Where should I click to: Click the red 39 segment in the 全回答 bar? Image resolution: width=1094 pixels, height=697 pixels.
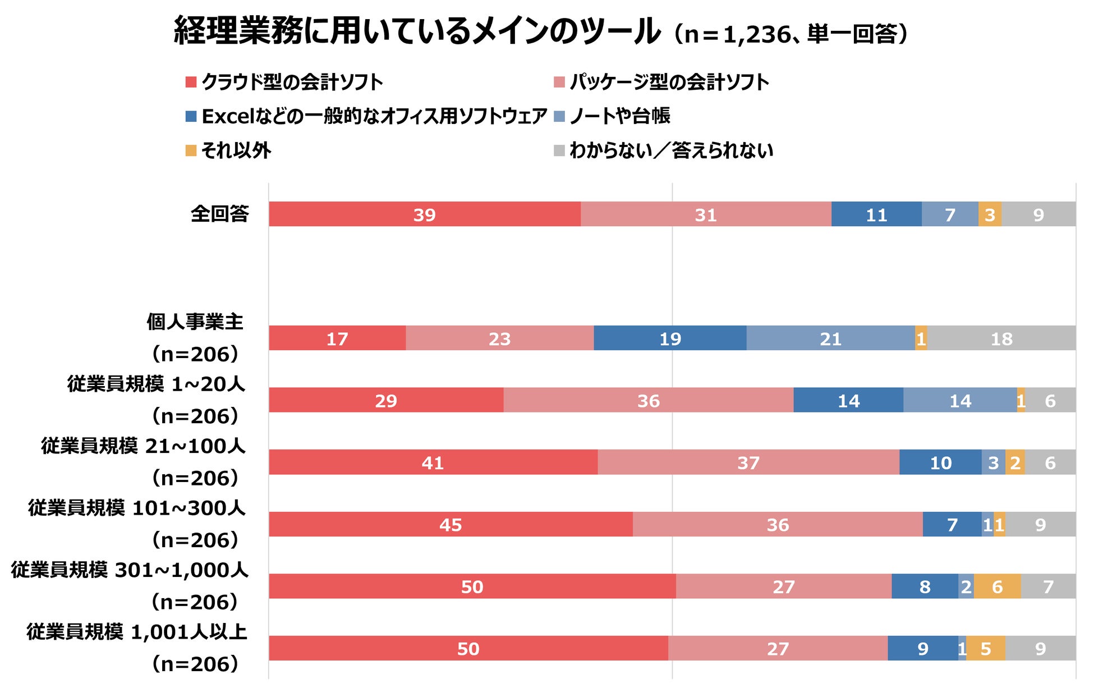click(425, 214)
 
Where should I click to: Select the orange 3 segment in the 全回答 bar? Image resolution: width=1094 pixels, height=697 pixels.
click(990, 214)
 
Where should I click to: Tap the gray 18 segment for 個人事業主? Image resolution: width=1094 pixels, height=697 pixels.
click(1001, 338)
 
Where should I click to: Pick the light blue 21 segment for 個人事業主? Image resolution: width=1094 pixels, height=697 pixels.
click(830, 338)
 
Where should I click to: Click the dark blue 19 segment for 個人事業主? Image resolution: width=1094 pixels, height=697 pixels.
click(670, 338)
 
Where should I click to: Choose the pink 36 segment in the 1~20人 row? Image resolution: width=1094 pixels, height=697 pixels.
click(649, 400)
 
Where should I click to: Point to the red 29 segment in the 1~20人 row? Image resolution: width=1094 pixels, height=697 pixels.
click(386, 400)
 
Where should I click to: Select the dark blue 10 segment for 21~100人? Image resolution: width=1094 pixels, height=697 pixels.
click(940, 462)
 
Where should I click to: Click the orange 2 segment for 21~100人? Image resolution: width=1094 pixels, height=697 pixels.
click(1015, 462)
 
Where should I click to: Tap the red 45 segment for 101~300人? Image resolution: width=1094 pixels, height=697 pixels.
click(451, 524)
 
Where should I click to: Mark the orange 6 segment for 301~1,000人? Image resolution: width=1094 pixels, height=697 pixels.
click(997, 586)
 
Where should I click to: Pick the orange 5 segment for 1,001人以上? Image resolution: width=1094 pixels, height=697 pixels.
click(986, 648)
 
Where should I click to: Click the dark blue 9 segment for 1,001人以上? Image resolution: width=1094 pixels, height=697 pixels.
click(923, 648)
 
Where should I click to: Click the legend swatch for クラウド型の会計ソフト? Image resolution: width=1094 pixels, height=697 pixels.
click(191, 82)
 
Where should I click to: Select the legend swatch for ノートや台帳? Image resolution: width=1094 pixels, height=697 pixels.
click(559, 116)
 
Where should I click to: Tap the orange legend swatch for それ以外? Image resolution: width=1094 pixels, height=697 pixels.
click(191, 150)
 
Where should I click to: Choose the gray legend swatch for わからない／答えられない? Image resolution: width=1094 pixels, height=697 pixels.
click(559, 150)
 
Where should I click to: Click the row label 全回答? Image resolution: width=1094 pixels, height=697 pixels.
click(220, 214)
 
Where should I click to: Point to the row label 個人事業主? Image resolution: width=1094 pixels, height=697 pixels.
click(195, 322)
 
